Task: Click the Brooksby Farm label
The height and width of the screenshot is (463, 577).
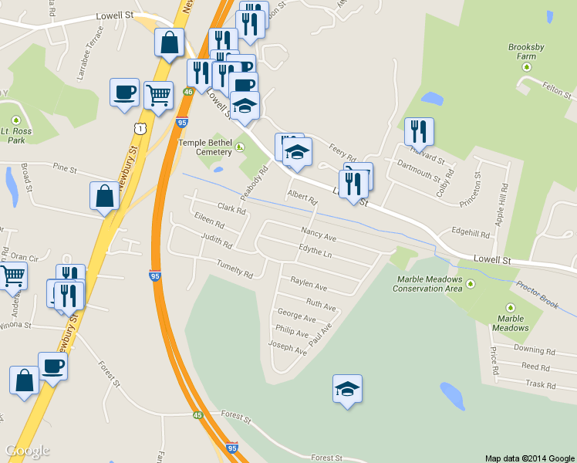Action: (526, 52)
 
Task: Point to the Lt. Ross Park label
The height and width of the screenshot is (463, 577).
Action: (15, 136)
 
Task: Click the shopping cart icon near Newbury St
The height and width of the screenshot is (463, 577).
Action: (158, 96)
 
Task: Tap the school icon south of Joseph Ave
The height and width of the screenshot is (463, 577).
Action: (347, 390)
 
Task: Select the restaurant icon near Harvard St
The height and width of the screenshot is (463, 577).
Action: (419, 131)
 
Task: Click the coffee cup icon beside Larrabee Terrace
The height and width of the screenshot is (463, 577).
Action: (124, 93)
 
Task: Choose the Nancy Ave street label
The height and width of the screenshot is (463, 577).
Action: (319, 235)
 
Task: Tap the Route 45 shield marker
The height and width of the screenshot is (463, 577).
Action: (198, 415)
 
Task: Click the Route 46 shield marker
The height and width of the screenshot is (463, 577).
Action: (188, 91)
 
